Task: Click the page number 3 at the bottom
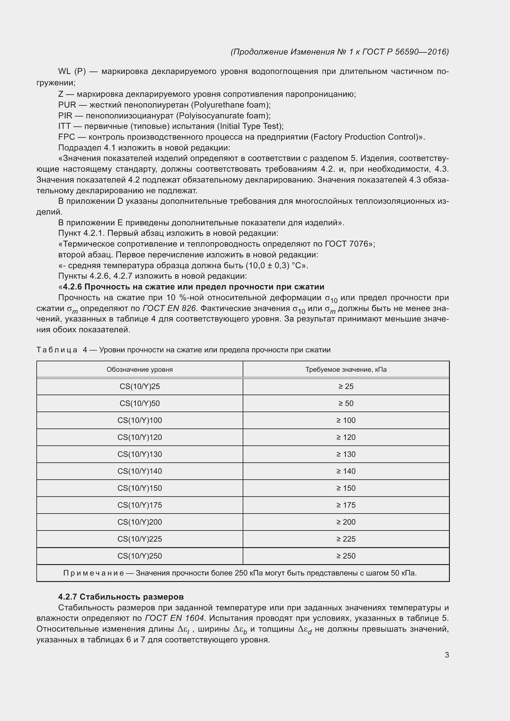point(446,655)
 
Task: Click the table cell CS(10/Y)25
point(139,386)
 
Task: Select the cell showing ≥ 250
point(346,556)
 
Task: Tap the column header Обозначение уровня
point(139,369)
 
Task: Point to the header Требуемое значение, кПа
point(346,369)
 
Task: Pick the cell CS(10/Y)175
point(139,505)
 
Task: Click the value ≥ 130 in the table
point(346,454)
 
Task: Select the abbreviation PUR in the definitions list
point(67,105)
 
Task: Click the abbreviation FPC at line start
point(67,137)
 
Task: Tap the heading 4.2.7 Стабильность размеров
point(121,597)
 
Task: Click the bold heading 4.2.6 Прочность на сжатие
point(193,287)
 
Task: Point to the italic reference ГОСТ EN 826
point(169,308)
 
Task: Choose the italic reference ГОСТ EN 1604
point(175,618)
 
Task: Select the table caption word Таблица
point(57,350)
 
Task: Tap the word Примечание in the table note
point(93,573)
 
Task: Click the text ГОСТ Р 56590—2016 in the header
point(405,52)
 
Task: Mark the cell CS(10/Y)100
point(139,420)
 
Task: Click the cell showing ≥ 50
point(346,403)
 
